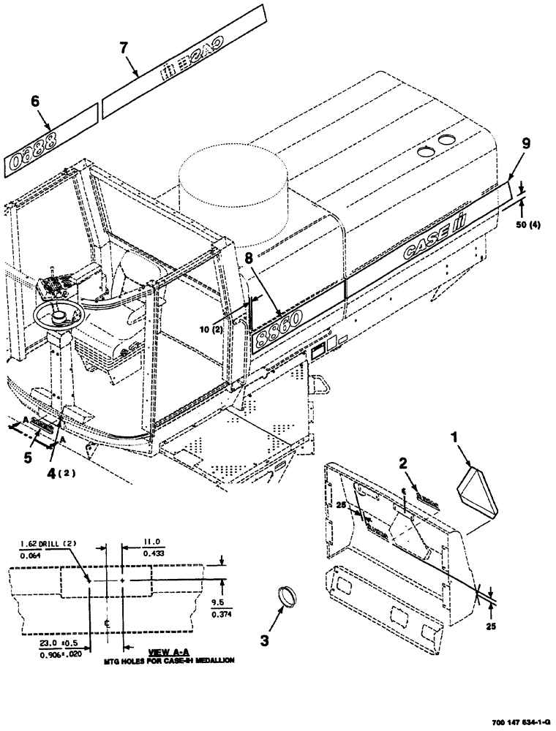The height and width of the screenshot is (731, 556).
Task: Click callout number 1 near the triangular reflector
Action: point(454,439)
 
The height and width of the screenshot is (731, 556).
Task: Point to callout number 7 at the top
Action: point(124,48)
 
